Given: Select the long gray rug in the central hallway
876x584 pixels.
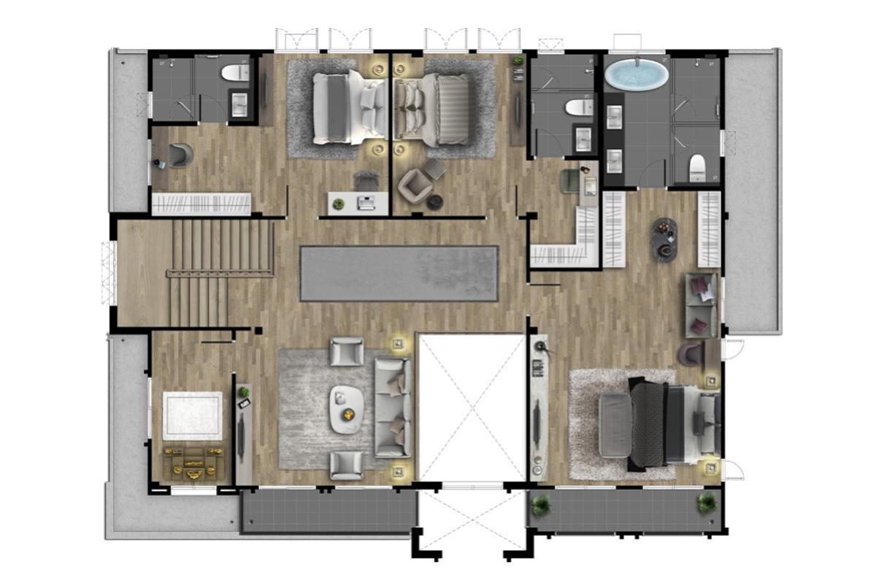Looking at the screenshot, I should (x=399, y=273).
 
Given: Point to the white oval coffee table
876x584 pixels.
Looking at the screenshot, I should (x=346, y=410).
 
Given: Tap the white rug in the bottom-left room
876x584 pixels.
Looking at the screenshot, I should (x=192, y=415).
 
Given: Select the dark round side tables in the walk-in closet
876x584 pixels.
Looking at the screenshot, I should (x=664, y=239).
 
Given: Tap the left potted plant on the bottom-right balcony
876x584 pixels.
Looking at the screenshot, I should (x=541, y=504).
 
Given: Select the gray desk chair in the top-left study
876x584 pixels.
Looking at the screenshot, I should (x=180, y=154).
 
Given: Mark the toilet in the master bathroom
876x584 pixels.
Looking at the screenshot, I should (x=697, y=167).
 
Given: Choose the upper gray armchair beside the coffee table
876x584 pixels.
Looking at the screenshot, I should (x=346, y=351).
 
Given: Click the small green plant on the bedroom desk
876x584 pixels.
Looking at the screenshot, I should (x=338, y=204).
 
